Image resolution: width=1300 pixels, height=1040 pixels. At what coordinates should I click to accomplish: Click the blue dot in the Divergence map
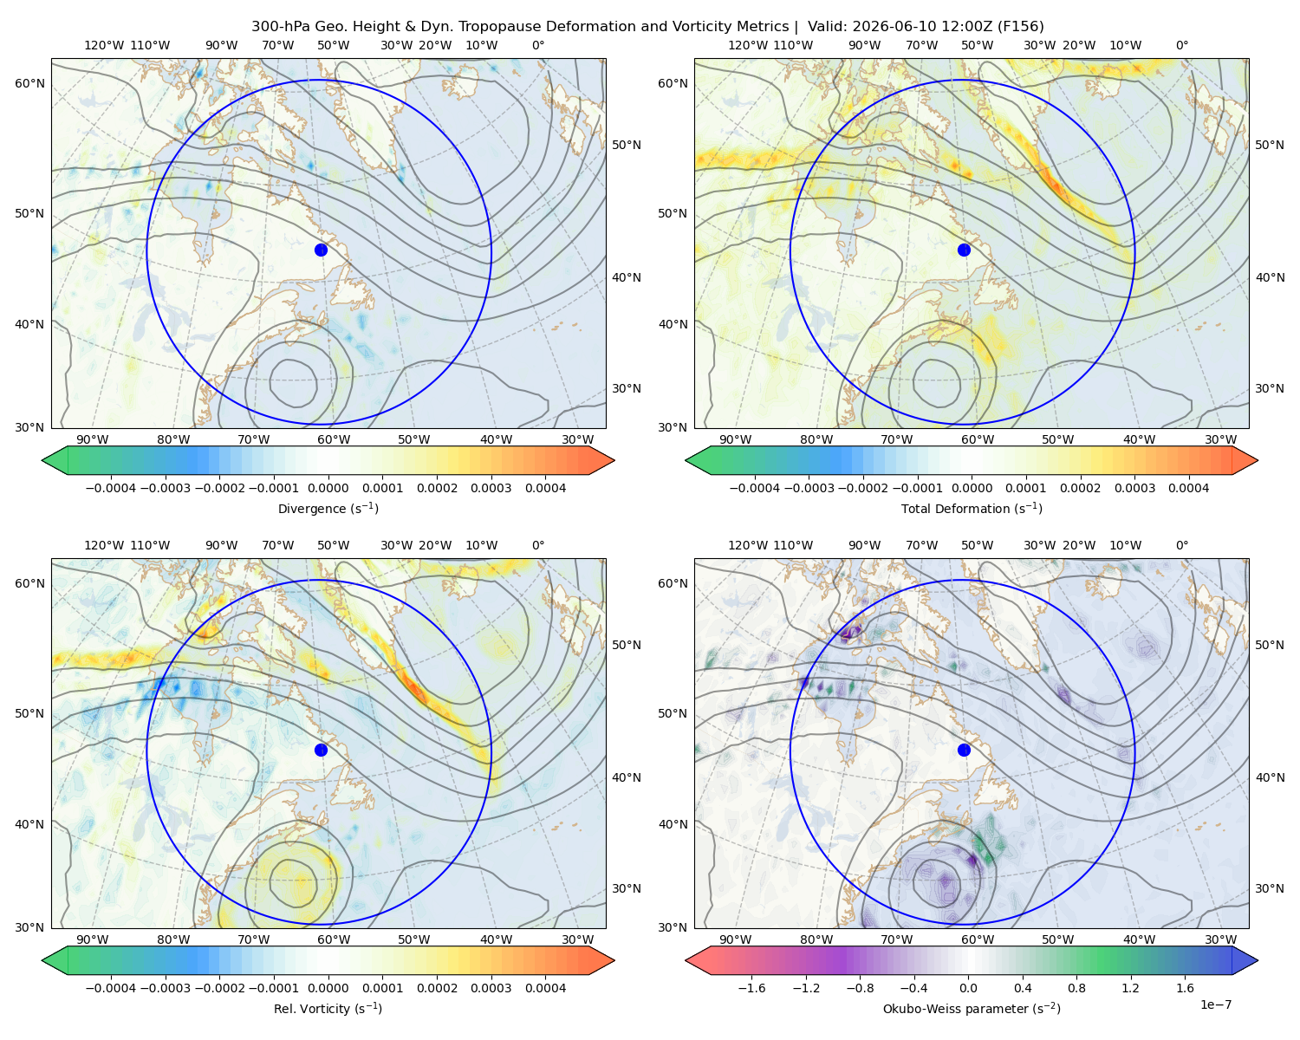[321, 250]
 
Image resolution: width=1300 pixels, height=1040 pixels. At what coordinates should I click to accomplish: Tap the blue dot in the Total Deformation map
[964, 250]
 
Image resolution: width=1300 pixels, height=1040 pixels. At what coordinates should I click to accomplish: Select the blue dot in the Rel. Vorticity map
[321, 750]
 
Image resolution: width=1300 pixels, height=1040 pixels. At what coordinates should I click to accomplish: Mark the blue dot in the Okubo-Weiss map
[964, 750]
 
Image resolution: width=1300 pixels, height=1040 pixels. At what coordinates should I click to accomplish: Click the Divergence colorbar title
[328, 508]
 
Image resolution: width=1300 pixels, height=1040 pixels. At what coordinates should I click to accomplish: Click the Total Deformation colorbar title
[972, 508]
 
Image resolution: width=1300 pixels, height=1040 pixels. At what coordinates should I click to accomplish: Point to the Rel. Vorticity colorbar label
[328, 1008]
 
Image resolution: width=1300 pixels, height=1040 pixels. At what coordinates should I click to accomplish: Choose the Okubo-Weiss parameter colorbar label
[972, 1008]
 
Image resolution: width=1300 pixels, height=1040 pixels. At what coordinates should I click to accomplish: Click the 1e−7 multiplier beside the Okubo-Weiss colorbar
[1215, 1004]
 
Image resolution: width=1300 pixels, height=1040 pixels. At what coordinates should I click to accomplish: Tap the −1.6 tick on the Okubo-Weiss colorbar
[751, 987]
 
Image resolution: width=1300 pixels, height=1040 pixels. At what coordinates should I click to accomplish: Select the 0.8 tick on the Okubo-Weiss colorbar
[1076, 987]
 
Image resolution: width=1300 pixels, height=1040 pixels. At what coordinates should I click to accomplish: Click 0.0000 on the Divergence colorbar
[328, 488]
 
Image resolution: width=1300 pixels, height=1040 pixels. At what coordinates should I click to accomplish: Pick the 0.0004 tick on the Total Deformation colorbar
[1188, 488]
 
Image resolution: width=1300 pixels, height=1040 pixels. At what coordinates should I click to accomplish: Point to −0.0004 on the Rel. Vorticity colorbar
[111, 987]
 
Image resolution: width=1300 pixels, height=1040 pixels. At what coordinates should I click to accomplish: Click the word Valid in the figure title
[823, 27]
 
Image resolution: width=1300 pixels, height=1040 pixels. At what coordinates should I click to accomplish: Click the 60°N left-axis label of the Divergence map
[29, 83]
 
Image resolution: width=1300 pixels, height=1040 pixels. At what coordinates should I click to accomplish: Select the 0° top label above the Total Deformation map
[1181, 45]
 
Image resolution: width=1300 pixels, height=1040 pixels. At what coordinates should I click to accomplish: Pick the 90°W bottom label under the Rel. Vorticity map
[93, 939]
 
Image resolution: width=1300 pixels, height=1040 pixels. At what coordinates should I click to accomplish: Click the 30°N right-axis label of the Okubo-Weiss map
[1269, 887]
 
